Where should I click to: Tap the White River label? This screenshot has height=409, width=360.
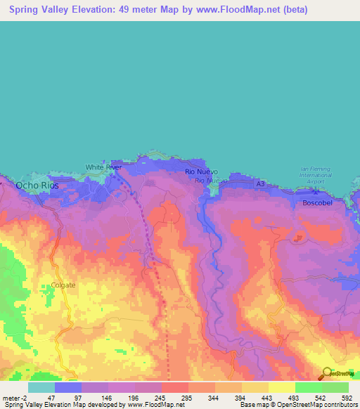point(103,167)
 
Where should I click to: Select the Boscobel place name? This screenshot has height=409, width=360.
point(316,202)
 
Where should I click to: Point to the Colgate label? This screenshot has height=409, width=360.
point(63,285)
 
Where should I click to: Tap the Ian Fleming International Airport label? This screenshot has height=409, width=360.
point(314,175)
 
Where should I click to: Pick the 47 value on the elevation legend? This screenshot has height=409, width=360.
point(51,398)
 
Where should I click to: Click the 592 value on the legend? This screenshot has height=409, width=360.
point(345,398)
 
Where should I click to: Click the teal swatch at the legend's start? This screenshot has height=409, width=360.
point(41,387)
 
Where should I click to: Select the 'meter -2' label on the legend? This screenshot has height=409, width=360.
point(15,398)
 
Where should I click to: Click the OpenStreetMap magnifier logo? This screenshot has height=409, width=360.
point(327,373)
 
